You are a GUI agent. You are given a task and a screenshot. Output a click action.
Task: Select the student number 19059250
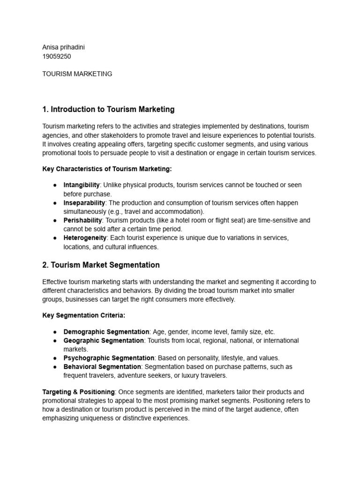coord(57,56)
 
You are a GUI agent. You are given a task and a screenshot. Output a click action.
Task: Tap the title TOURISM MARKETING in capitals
coord(77,74)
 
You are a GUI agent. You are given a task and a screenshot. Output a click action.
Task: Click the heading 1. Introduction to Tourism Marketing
coord(108,109)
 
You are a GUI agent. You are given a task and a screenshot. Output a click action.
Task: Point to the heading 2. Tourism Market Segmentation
coord(101,265)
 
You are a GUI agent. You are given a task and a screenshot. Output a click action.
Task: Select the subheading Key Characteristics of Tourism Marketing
coord(107,169)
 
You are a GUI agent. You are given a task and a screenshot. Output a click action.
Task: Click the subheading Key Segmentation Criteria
coord(83,315)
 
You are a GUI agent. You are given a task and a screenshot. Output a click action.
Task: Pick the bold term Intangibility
coord(82,185)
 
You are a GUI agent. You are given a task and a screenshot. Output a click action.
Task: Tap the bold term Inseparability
coord(84,202)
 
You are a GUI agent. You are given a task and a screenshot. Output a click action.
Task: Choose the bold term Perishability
coord(82,220)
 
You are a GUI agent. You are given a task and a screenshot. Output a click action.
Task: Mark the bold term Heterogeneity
coord(85,238)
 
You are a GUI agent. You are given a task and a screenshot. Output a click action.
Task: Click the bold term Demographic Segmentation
coord(106,332)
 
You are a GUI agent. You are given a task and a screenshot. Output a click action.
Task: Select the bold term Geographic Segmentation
coord(104,340)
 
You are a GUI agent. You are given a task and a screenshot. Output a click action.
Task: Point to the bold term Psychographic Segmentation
coord(109,358)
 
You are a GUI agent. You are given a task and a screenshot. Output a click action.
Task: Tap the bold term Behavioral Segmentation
coord(102,367)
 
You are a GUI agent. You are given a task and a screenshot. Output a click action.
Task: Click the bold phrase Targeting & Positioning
coord(78,392)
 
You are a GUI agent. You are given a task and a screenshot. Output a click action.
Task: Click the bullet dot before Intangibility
coord(55,185)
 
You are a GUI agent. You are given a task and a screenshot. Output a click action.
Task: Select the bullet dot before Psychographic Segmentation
coord(55,358)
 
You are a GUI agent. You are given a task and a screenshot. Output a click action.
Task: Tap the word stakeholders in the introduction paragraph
coord(109,135)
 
